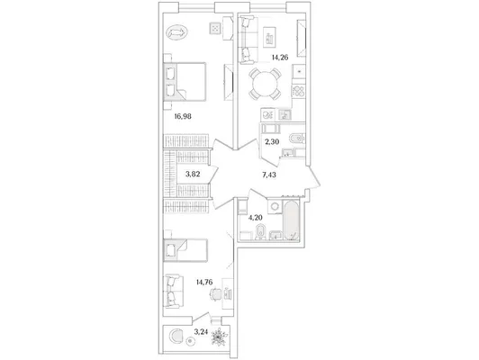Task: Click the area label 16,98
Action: coord(183,116)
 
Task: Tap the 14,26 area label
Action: coord(280,58)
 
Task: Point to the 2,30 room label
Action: coord(272,141)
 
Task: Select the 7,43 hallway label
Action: coord(269,175)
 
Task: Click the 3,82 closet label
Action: coord(193,175)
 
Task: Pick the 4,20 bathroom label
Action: coord(256,218)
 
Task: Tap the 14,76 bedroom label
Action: coord(204,282)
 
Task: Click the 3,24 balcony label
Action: coord(201,331)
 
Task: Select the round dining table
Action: coord(265,84)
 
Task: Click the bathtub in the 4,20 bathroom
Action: coord(292,220)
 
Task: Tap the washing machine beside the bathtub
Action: coord(275,207)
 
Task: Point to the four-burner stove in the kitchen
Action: coord(298,91)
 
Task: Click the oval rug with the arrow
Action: coord(176,32)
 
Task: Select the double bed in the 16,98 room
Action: coord(185,82)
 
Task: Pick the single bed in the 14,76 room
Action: coord(185,250)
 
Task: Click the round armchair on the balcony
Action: coord(176,337)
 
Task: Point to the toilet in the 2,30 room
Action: coord(297,139)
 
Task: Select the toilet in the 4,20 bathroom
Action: coord(260,232)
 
